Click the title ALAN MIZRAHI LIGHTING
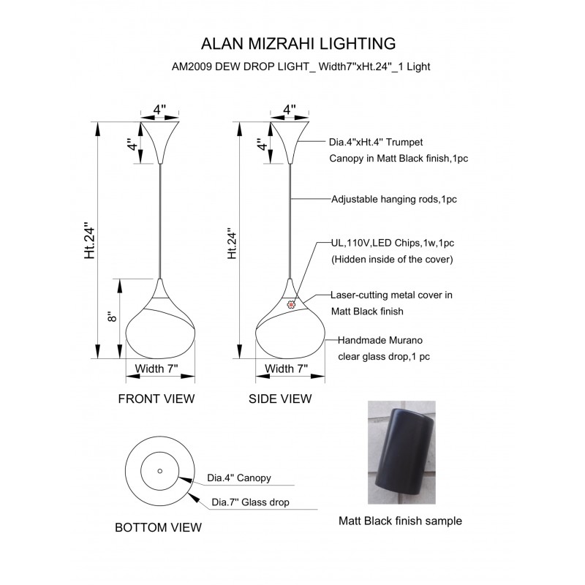point(298,44)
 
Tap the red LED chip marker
point(290,305)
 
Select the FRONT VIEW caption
point(156,399)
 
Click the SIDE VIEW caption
point(280,399)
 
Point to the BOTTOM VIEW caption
point(158,527)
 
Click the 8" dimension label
point(112,317)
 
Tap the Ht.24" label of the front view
point(90,241)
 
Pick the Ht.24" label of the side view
point(232,244)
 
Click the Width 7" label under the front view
point(156,369)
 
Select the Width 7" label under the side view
point(286,369)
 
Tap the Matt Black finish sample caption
point(400,521)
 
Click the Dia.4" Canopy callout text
point(239,478)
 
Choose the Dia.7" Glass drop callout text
point(250,502)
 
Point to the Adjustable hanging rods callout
point(394,199)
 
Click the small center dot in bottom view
point(160,471)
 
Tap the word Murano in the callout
point(406,340)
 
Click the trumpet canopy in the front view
point(160,143)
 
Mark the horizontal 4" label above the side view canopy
point(290,110)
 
